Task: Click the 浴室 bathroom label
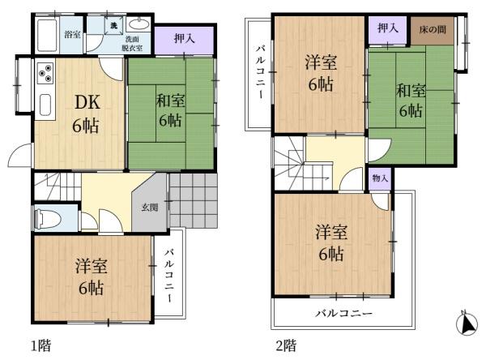click(x=72, y=35)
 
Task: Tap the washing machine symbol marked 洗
click(x=115, y=26)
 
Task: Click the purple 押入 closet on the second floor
click(x=387, y=28)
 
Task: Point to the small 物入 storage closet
click(x=380, y=178)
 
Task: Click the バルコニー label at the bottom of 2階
click(x=343, y=312)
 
